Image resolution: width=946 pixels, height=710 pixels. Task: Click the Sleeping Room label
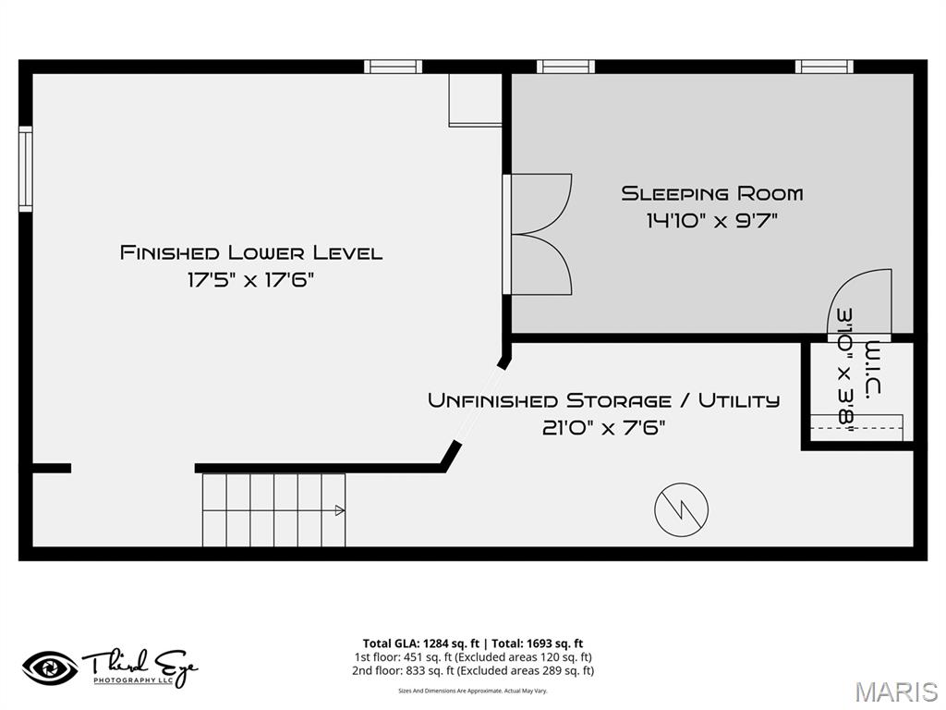[x=711, y=193]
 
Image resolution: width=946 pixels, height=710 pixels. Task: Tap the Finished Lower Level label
[x=251, y=252]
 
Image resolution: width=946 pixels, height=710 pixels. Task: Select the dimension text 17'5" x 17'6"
[x=251, y=279]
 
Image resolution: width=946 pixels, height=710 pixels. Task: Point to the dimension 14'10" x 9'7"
[x=711, y=220]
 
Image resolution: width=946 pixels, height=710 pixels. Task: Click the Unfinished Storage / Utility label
[x=603, y=400]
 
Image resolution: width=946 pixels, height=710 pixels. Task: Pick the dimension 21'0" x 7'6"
[x=603, y=427]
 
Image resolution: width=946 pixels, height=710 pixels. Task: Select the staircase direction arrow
[x=339, y=510]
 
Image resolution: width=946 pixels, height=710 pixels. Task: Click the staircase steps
[x=273, y=510]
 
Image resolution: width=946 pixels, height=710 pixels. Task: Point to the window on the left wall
[x=26, y=169]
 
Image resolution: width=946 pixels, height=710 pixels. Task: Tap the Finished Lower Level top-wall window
[x=393, y=67]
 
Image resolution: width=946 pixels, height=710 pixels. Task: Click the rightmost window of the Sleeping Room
[x=823, y=67]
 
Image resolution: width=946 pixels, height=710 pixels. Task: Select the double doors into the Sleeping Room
[x=540, y=234]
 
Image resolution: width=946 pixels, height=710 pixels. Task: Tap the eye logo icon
[x=50, y=667]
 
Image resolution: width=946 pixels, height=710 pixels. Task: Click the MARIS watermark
[x=895, y=692]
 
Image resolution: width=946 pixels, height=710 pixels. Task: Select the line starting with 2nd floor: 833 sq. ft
[x=472, y=671]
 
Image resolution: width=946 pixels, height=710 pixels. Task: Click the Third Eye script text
[x=139, y=663]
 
